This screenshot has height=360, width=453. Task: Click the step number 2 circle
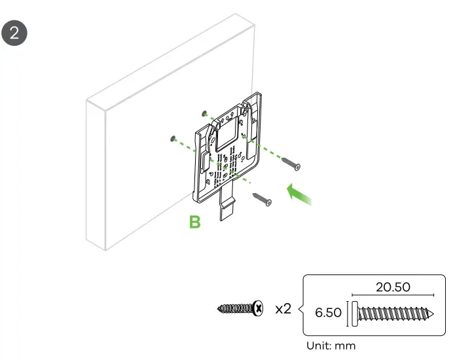pos(15,33)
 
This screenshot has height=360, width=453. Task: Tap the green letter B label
pos(194,223)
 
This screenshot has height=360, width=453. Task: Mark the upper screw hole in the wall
pos(206,113)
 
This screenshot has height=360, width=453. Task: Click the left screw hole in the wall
pos(172,138)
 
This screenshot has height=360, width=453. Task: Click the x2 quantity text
pos(283,308)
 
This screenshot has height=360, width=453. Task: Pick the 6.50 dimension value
pos(328,312)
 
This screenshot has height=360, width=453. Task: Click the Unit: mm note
pos(331,346)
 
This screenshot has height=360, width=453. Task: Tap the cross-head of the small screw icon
pos(260,307)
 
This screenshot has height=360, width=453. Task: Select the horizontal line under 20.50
pos(393,296)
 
